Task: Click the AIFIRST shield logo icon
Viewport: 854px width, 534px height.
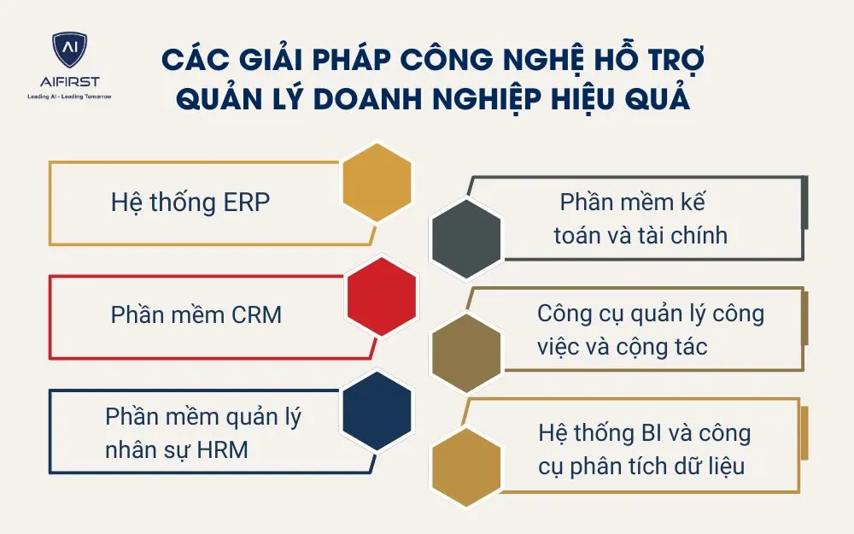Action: click(x=69, y=53)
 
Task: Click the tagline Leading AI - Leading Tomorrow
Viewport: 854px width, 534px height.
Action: click(x=69, y=97)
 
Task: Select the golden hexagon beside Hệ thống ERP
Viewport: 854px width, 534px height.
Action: click(x=377, y=182)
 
